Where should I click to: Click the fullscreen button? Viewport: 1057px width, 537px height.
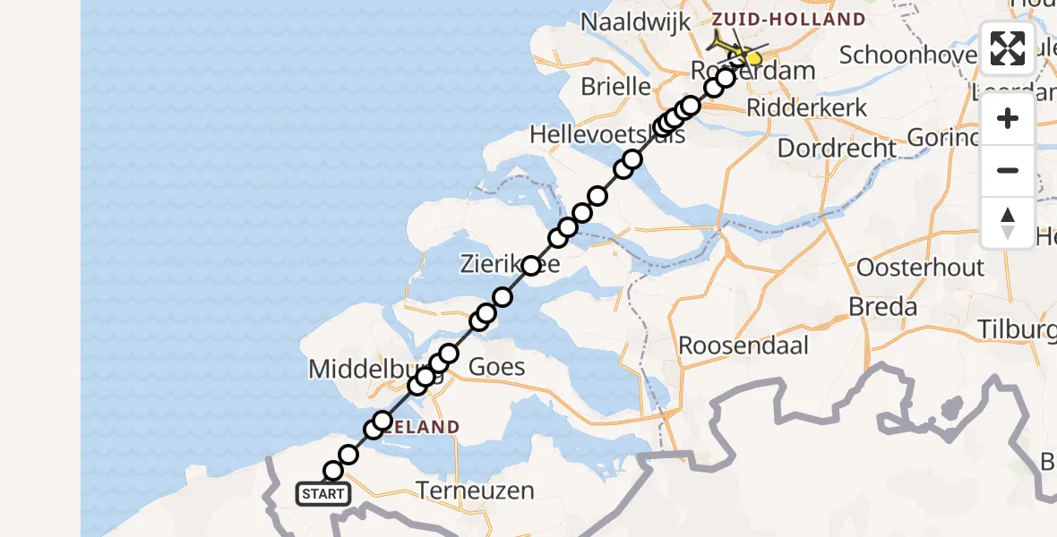tap(1008, 48)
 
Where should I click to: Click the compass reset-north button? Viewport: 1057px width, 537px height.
tap(1008, 223)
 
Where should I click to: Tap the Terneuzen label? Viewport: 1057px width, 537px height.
tap(476, 490)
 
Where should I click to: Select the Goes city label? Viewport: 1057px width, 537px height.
tap(497, 367)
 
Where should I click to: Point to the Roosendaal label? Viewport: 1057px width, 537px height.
tap(743, 345)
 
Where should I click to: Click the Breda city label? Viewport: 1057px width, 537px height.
tap(884, 307)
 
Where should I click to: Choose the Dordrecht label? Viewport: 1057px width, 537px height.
tap(837, 148)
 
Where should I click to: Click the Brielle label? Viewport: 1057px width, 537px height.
tap(615, 87)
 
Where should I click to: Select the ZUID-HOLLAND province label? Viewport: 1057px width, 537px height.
tap(788, 19)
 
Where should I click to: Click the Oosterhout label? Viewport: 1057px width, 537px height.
tap(920, 267)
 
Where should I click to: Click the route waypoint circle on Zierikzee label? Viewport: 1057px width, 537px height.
tap(531, 266)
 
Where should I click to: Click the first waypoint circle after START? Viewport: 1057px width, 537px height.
tap(333, 471)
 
